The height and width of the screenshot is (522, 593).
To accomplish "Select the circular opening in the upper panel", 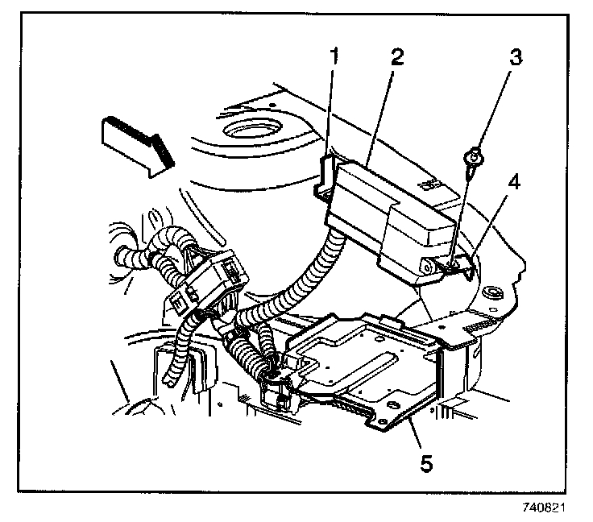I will [x=251, y=130].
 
